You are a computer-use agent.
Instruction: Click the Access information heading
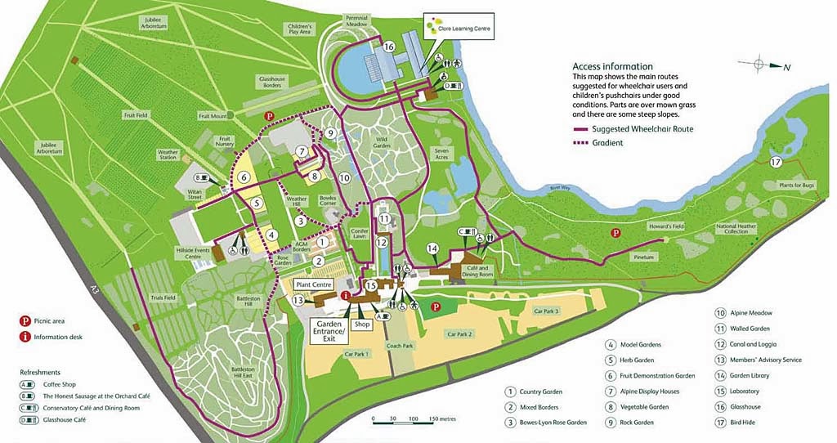(612, 66)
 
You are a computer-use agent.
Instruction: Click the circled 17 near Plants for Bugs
(777, 162)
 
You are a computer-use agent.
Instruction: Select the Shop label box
(362, 324)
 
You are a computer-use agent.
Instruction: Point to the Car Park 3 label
(546, 311)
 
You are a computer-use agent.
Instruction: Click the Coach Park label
(401, 346)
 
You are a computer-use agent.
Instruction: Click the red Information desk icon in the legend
(25, 336)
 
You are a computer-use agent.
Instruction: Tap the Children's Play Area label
(299, 30)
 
